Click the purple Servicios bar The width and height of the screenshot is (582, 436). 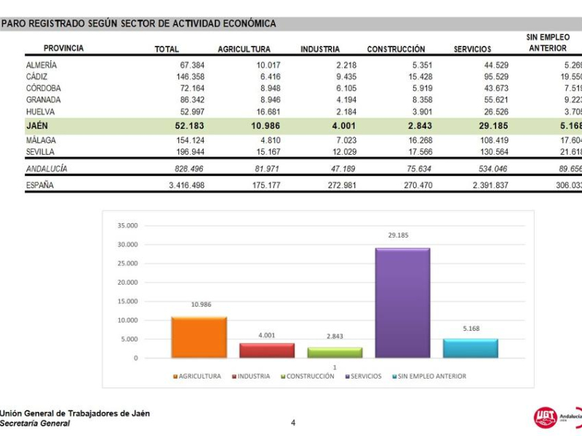pyautogui.click(x=402, y=303)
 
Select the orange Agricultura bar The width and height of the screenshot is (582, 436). pyautogui.click(x=199, y=337)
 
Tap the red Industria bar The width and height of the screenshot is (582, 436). pyautogui.click(x=266, y=350)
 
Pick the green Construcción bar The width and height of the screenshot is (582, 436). pyautogui.click(x=334, y=352)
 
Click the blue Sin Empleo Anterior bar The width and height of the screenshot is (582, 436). pyautogui.click(x=470, y=348)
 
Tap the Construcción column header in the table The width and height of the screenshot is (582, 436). pyautogui.click(x=396, y=49)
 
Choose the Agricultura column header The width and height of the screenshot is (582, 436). pyautogui.click(x=244, y=49)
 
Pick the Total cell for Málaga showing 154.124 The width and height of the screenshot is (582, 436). pyautogui.click(x=184, y=140)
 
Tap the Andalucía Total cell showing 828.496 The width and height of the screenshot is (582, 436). pyautogui.click(x=184, y=169)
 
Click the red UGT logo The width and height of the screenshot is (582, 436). pyautogui.click(x=545, y=416)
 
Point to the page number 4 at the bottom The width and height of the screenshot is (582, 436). pyautogui.click(x=293, y=422)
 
